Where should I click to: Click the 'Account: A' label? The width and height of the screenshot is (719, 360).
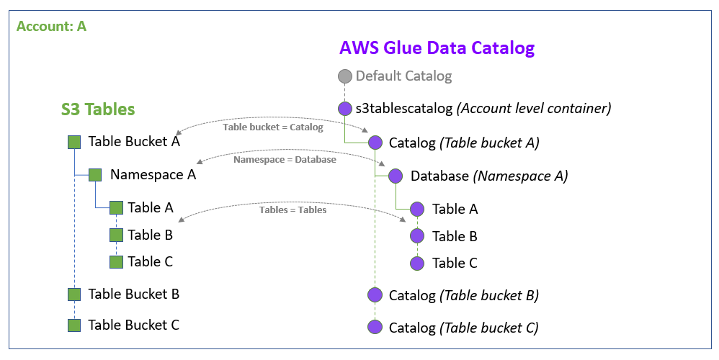(x=51, y=27)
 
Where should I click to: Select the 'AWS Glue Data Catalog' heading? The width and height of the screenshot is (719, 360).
(x=437, y=48)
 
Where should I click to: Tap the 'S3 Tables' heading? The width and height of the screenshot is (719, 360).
(x=97, y=109)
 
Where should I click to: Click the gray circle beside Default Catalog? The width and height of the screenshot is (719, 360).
(x=345, y=76)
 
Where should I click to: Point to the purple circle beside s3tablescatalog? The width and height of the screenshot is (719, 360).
(x=345, y=109)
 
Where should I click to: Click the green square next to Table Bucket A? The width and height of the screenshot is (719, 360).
(x=73, y=143)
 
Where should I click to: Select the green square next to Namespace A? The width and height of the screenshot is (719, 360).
(x=95, y=175)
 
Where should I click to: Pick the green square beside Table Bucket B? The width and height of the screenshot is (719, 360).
(x=73, y=294)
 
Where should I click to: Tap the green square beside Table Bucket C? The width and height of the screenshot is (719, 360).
(x=73, y=325)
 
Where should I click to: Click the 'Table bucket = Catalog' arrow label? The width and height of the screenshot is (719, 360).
(x=273, y=127)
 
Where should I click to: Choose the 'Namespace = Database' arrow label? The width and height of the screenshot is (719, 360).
(x=285, y=160)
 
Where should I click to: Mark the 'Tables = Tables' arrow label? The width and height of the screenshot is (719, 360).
(x=293, y=210)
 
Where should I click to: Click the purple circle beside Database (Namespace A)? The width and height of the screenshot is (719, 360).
(x=396, y=176)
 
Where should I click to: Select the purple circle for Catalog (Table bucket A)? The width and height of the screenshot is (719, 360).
(x=375, y=143)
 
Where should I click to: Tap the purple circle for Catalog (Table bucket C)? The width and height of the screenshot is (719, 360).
(x=375, y=328)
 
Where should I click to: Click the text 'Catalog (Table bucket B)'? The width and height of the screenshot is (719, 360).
(x=464, y=295)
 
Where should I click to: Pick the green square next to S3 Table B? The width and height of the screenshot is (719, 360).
(x=116, y=235)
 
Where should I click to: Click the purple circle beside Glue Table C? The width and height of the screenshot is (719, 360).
(x=417, y=264)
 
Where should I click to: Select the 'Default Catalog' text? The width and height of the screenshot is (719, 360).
(x=403, y=76)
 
